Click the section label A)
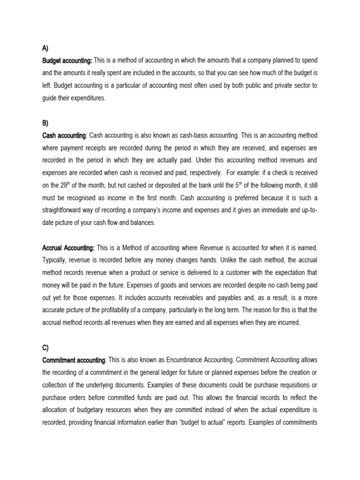(45, 48)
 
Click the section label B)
(45, 123)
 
